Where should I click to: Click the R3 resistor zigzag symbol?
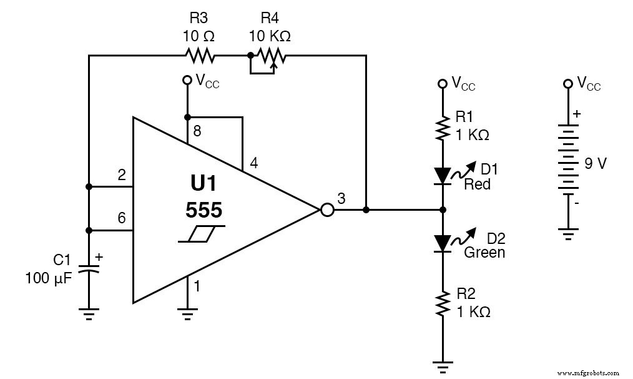click(x=199, y=56)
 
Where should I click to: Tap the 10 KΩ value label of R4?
click(x=270, y=36)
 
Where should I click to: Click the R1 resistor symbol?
click(x=443, y=128)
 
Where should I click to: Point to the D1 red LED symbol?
click(x=443, y=176)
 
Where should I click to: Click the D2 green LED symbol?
click(x=443, y=243)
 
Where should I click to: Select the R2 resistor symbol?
click(x=443, y=303)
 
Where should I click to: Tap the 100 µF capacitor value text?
click(x=49, y=278)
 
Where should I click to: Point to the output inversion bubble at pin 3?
click(x=327, y=210)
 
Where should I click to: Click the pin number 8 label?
click(x=197, y=132)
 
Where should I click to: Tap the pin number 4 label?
click(x=253, y=163)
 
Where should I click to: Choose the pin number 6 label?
click(x=121, y=218)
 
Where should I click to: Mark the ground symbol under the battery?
click(x=567, y=235)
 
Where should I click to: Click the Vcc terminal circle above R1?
click(x=443, y=83)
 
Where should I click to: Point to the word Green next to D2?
click(x=484, y=253)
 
